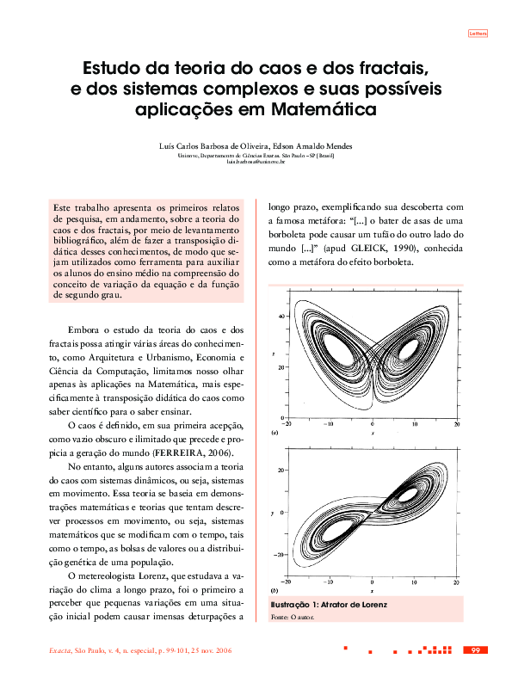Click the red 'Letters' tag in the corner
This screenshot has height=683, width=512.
pos(478,34)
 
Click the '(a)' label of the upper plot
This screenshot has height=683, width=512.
pos(275,432)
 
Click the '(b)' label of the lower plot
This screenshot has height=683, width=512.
pos(275,591)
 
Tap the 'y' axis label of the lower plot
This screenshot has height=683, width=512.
pos(272,513)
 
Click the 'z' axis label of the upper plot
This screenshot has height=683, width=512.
pos(273,354)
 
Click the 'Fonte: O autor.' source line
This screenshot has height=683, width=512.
pos(293,618)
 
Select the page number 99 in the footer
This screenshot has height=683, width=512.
pos(476,649)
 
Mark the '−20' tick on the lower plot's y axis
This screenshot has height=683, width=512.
pos(280,555)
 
